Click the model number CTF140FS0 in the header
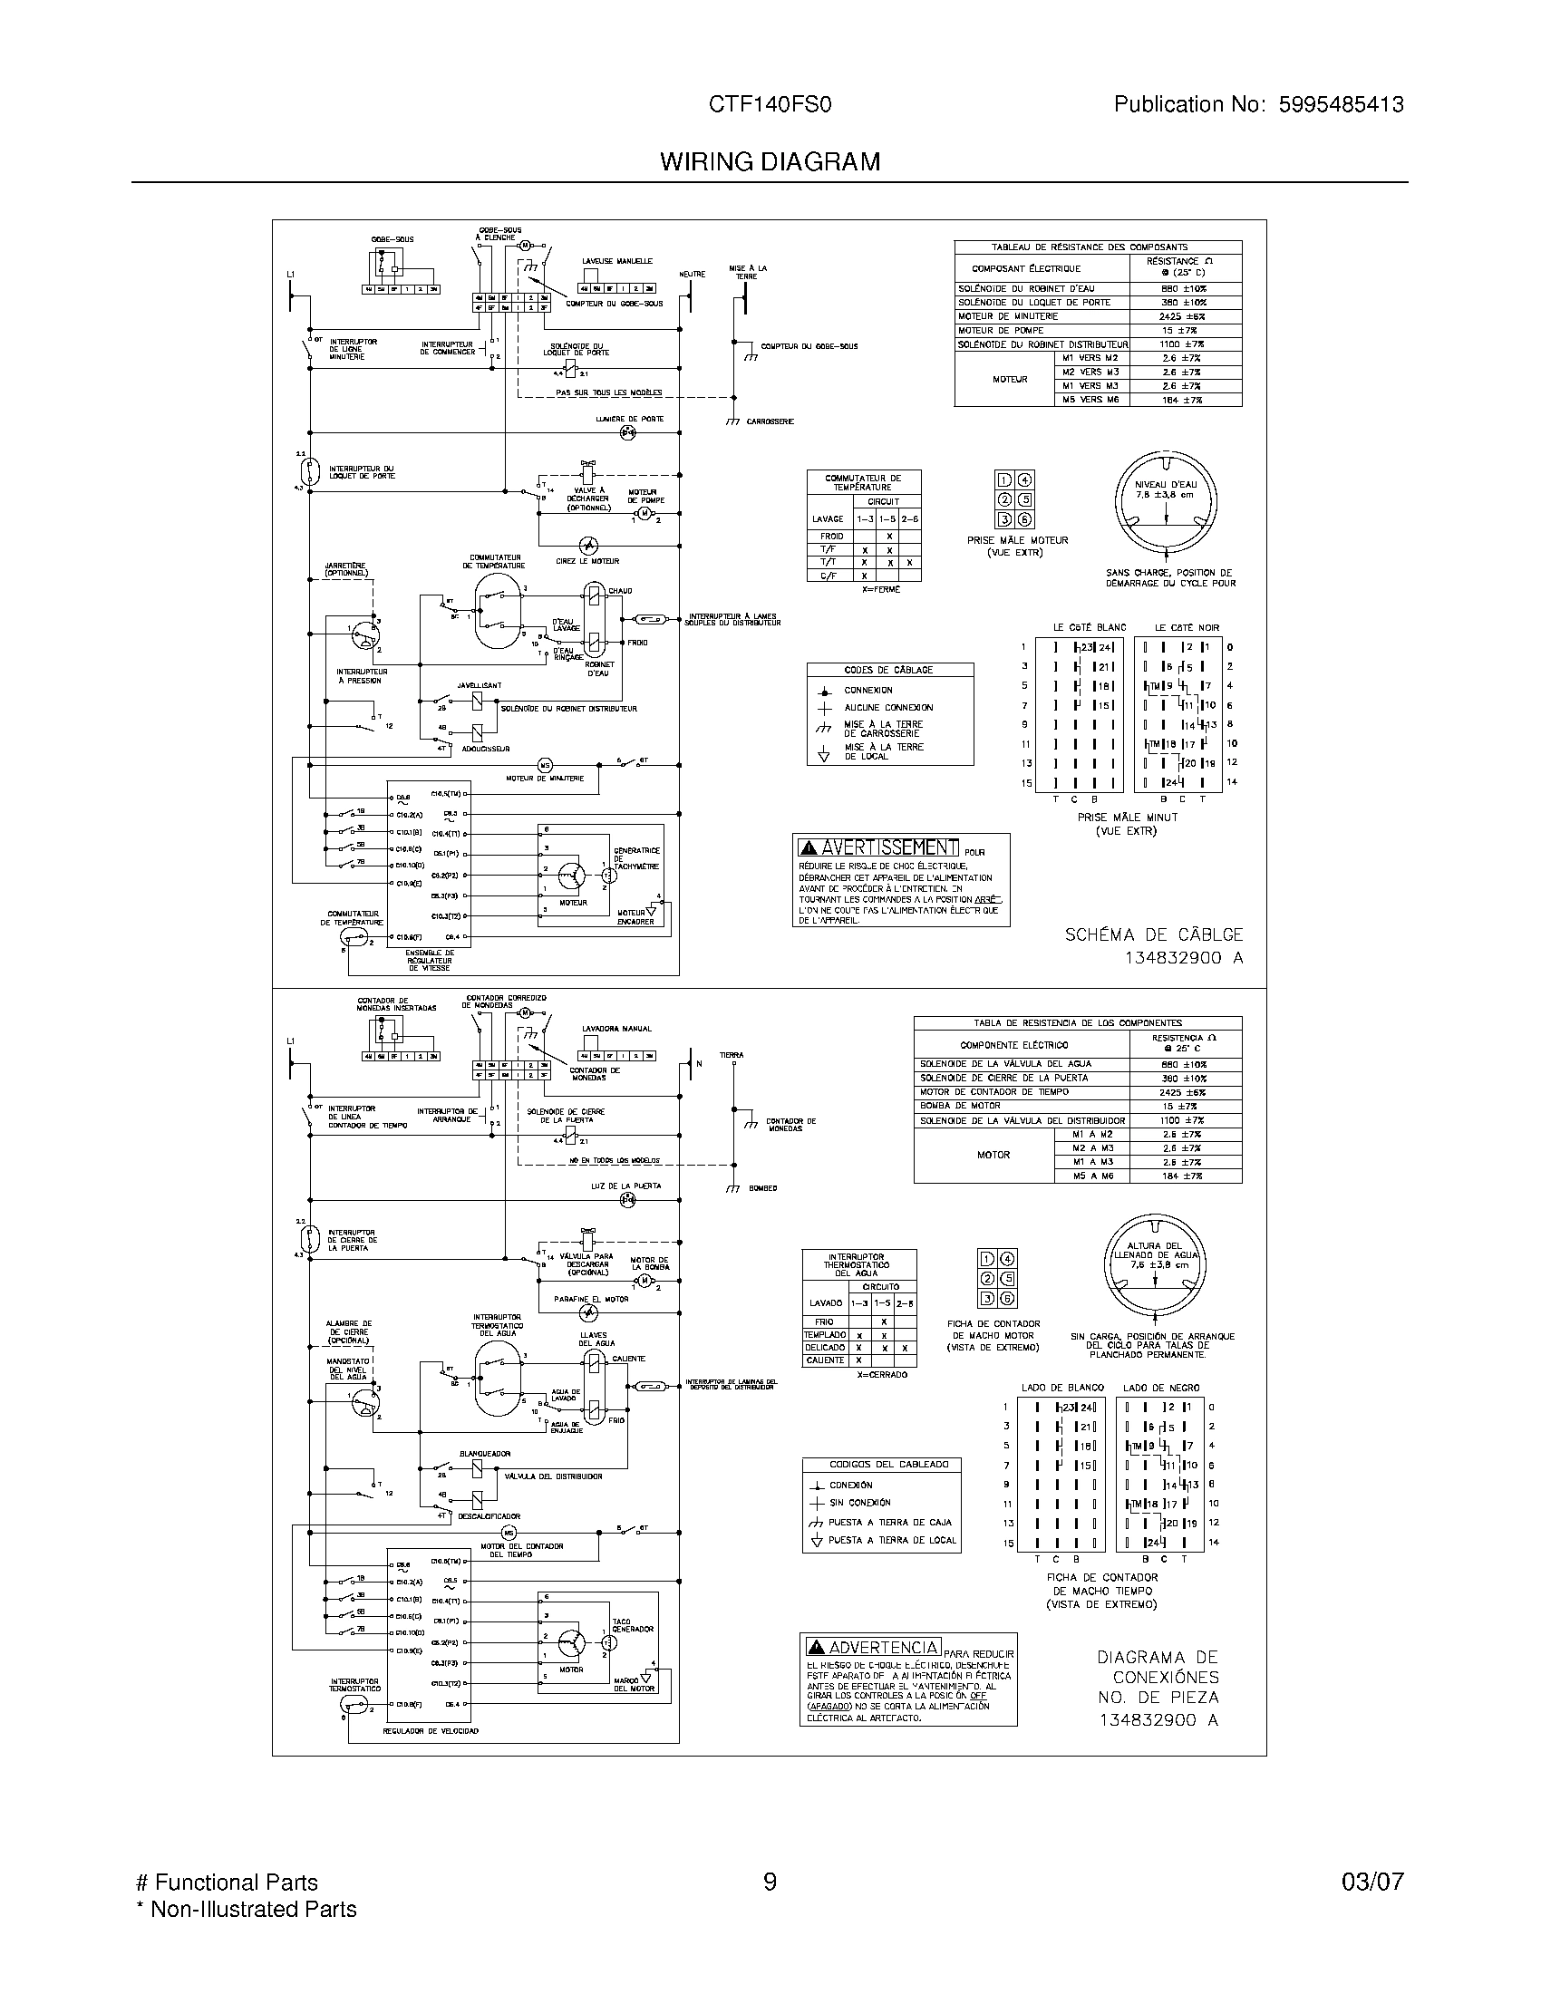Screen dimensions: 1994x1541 coord(770,105)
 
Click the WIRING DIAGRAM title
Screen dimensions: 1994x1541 coord(770,162)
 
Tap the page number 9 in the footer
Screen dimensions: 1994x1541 coord(770,1882)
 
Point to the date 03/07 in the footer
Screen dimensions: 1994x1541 coord(1372,1882)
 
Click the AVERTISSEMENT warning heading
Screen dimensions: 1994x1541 coord(878,847)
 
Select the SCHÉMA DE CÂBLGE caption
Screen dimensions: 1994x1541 coord(1154,935)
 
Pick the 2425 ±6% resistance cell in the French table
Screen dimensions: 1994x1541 coord(1183,317)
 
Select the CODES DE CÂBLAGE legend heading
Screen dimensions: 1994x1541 coord(889,670)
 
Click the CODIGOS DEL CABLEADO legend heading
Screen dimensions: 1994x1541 coord(881,1465)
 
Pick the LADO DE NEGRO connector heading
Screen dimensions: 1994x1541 coord(1160,1388)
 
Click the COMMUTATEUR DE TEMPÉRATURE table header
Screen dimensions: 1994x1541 coord(863,482)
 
